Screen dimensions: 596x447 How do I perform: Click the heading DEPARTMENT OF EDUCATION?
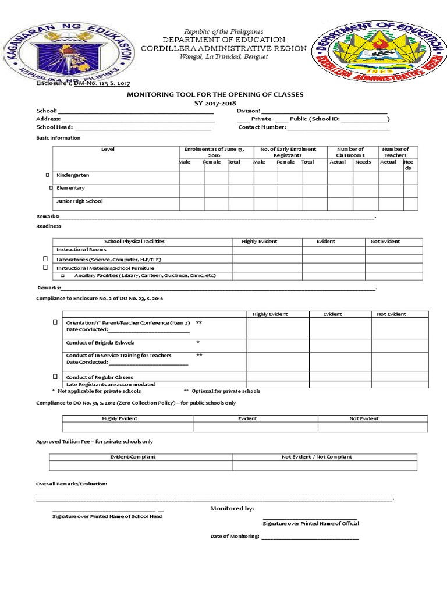[223, 40]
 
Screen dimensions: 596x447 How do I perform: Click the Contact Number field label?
[262, 127]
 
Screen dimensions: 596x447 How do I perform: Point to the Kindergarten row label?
[73, 175]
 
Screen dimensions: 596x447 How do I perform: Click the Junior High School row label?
[79, 201]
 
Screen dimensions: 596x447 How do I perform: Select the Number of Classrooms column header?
[350, 152]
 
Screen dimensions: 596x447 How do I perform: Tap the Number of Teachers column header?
[396, 152]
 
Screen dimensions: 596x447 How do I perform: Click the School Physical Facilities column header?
[134, 242]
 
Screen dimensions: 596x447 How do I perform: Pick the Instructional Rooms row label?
[81, 250]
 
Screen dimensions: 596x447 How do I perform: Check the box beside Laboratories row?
[45, 258]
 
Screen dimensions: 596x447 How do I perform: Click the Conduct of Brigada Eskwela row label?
[101, 343]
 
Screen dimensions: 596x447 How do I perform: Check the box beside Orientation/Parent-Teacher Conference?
[55, 322]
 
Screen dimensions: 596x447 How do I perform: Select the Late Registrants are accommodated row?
[111, 385]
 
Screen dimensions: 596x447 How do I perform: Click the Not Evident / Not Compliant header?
[317, 457]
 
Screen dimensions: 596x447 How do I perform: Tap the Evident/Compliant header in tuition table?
[133, 457]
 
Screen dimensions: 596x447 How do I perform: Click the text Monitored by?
[232, 509]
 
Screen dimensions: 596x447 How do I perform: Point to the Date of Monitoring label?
[235, 537]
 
